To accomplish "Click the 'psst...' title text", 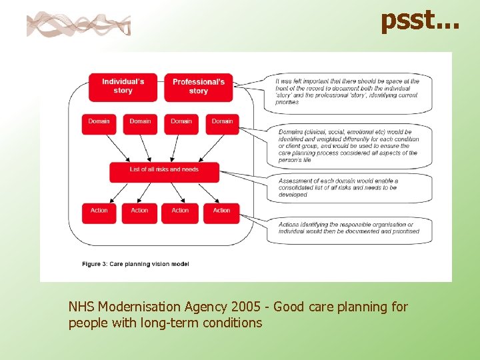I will [419, 21].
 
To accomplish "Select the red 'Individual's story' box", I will [123, 87].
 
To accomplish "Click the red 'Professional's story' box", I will [198, 87].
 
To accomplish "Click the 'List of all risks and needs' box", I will [164, 171].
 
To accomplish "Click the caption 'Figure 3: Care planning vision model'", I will [135, 264].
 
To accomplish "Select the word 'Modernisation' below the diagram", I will [139, 307].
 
